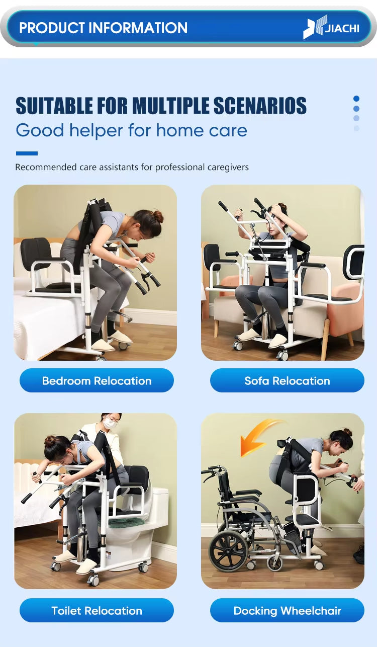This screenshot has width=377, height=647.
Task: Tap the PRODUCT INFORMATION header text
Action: pyautogui.click(x=103, y=28)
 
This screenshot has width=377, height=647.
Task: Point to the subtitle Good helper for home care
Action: pyautogui.click(x=131, y=130)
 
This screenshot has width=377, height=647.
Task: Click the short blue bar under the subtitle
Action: pyautogui.click(x=27, y=153)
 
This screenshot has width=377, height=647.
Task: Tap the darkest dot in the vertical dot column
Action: pyautogui.click(x=356, y=99)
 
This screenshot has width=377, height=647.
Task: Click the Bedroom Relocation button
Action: pyautogui.click(x=97, y=381)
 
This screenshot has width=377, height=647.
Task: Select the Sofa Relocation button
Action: pyautogui.click(x=287, y=381)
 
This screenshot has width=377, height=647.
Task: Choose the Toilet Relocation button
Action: pyautogui.click(x=97, y=611)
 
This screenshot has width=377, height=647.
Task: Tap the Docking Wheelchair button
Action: pyautogui.click(x=287, y=611)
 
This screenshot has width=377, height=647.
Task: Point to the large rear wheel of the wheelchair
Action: pyautogui.click(x=229, y=551)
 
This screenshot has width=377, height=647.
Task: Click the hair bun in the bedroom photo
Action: pyautogui.click(x=158, y=216)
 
